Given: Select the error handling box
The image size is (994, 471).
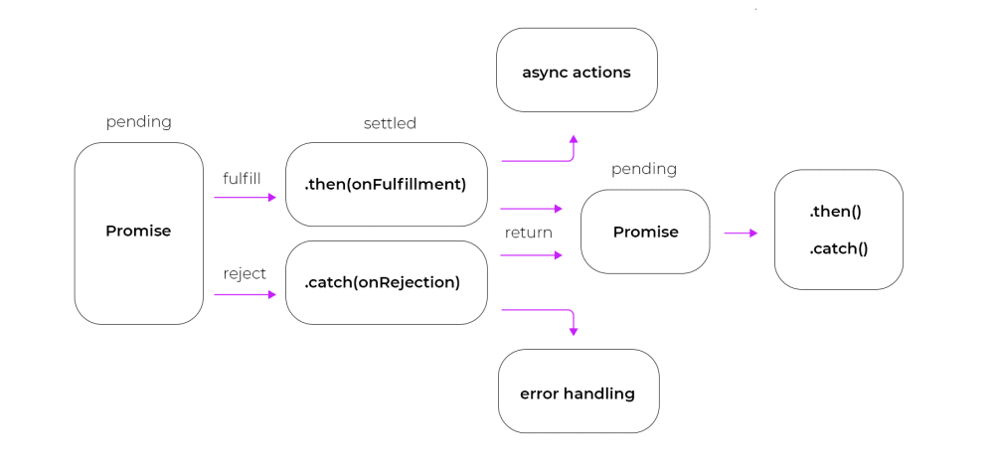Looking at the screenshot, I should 578,392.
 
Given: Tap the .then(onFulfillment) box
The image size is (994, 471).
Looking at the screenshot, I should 386,184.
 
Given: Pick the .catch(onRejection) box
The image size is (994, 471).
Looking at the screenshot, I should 386,282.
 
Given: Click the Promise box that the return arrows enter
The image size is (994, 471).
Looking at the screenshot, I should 645,232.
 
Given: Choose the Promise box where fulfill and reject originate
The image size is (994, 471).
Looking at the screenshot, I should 138,233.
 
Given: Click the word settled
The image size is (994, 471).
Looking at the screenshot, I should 390,123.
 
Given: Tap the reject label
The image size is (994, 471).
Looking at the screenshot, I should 245,273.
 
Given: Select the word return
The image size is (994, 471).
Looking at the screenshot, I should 528,233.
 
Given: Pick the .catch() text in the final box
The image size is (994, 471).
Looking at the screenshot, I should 838,248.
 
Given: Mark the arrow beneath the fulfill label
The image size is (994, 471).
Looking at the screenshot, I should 245,198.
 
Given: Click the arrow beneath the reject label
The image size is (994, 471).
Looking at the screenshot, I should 245,294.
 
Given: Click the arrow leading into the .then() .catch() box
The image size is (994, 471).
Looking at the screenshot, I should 741,233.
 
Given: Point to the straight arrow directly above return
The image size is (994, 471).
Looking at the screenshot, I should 532,209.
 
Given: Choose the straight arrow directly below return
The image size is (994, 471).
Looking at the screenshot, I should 532,255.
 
